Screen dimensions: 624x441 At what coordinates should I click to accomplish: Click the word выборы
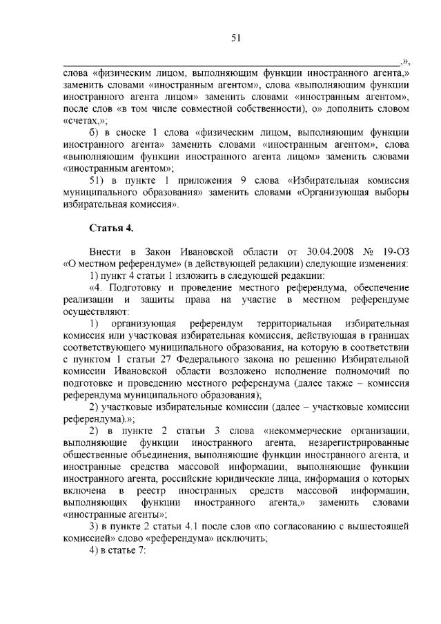point(391,192)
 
